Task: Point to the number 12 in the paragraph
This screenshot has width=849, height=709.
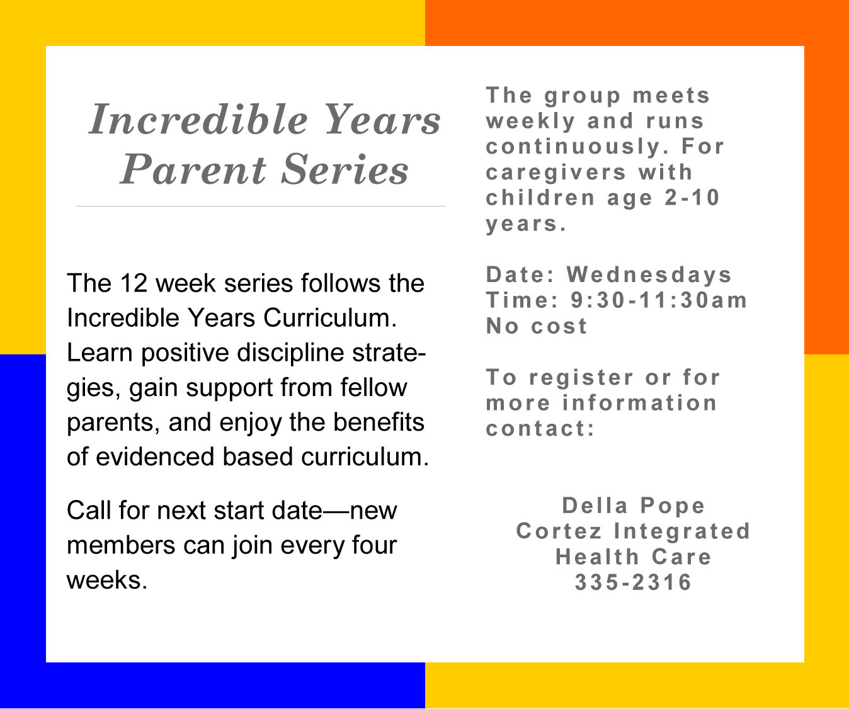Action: click(134, 283)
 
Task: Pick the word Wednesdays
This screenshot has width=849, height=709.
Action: click(649, 275)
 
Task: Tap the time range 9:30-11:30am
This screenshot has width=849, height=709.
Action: click(659, 300)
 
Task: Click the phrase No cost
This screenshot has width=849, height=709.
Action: click(537, 326)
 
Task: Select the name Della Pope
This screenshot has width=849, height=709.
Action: click(633, 506)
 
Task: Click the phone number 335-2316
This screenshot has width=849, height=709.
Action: click(633, 582)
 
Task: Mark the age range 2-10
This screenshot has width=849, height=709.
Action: click(692, 198)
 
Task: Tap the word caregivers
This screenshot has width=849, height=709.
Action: click(556, 173)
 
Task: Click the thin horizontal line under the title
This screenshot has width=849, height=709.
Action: click(261, 206)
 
